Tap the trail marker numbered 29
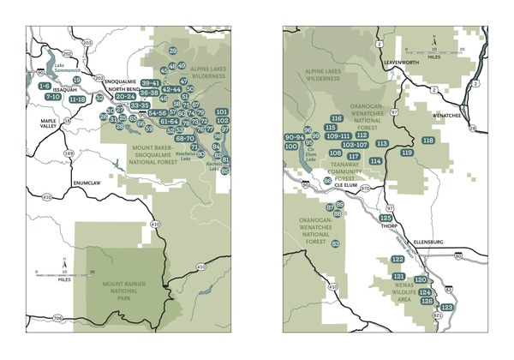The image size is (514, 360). pos(173,51)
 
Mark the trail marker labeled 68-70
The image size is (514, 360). pos(184,138)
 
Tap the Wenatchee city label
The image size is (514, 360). pos(445,113)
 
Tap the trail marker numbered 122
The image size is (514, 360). pos(397,259)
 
